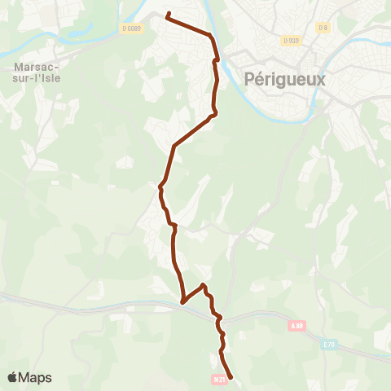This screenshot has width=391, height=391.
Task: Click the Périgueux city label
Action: [284, 79]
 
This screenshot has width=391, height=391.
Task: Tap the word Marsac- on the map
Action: [33, 67]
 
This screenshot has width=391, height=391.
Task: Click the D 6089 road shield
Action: [130, 29]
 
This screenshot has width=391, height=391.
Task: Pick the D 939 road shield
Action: [292, 40]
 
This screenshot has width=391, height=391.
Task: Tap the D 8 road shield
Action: [323, 29]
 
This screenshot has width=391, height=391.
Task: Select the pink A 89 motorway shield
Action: [296, 326]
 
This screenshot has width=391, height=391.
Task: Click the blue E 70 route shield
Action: [328, 345]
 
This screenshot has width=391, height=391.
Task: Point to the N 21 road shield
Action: [218, 379]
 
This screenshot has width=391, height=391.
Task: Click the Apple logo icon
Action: [14, 377]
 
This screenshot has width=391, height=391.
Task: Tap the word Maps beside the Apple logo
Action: [37, 377]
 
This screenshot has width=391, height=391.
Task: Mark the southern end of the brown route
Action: [231, 378]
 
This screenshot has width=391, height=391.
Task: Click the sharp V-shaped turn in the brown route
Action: [183, 302]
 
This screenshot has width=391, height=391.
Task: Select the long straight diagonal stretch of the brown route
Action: [193, 131]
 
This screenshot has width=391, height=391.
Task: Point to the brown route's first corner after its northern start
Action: [211, 36]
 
